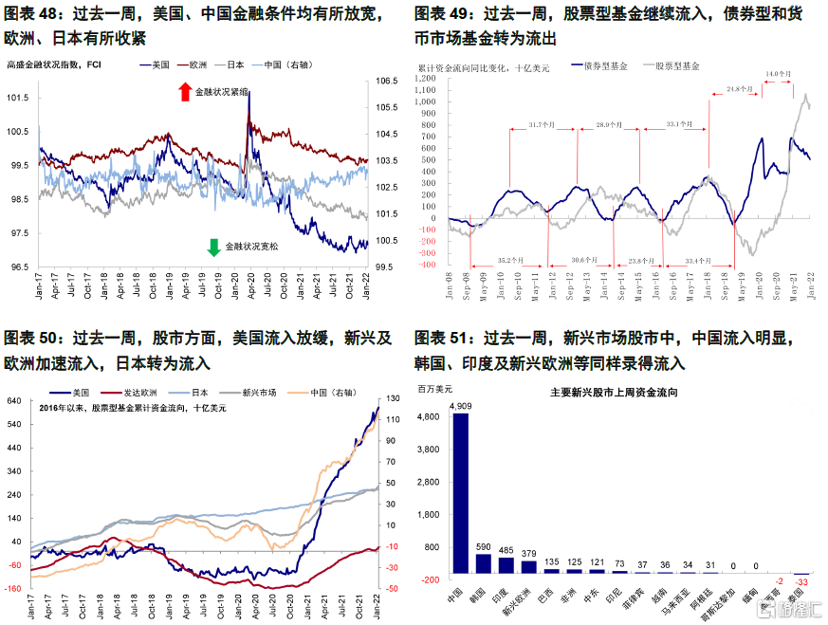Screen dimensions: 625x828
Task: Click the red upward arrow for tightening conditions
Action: pos(185,92)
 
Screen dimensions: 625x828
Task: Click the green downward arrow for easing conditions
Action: pos(213,248)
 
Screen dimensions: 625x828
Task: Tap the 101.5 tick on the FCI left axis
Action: pos(18,98)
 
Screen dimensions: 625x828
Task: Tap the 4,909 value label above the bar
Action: pos(460,405)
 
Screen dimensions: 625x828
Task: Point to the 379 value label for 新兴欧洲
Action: pos(529,554)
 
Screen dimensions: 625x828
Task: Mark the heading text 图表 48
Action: pos(32,14)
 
